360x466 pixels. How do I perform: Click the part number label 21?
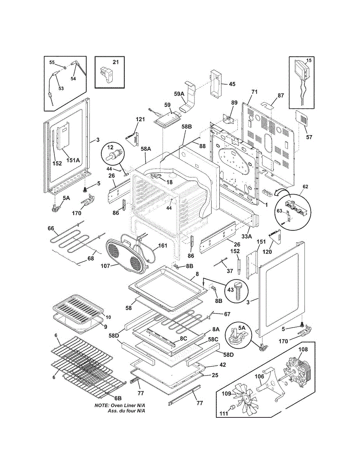[116, 62]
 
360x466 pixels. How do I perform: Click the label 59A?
[179, 94]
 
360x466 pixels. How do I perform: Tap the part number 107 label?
[106, 266]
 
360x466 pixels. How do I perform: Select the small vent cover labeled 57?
[302, 118]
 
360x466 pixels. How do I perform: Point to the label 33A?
[247, 236]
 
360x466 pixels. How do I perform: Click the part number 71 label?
[254, 92]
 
